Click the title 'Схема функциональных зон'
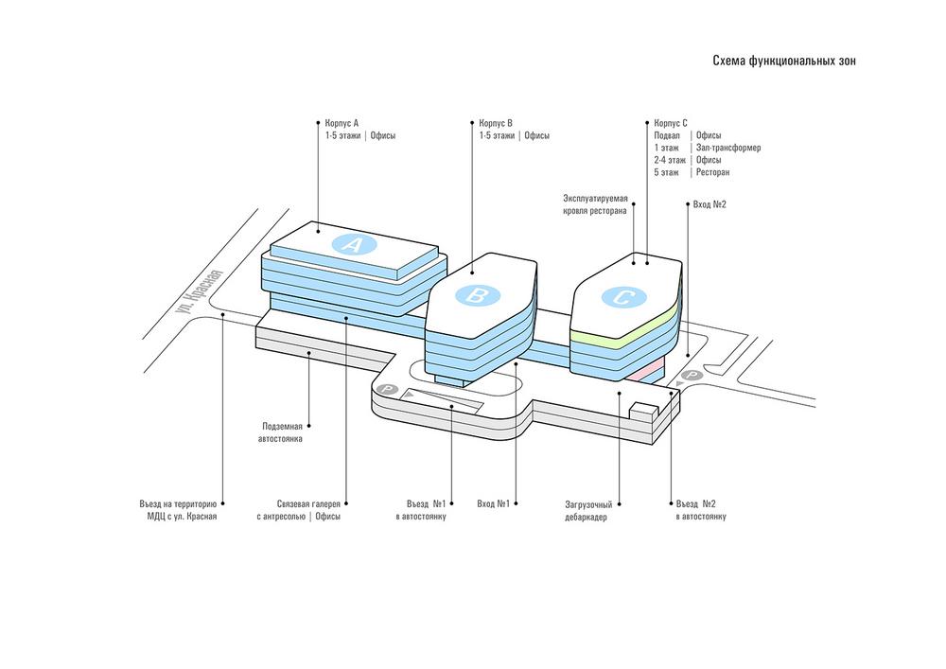(784, 61)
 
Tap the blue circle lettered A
(355, 245)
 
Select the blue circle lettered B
(478, 297)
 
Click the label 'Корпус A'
(342, 123)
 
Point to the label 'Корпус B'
(496, 123)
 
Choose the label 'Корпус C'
(671, 123)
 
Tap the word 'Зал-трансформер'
(727, 148)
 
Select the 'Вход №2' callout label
(709, 204)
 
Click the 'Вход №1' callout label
(494, 503)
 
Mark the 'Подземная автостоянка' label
(283, 433)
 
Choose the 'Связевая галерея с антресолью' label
(298, 510)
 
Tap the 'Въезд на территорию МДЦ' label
(179, 510)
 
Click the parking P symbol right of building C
(692, 376)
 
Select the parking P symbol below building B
(385, 389)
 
